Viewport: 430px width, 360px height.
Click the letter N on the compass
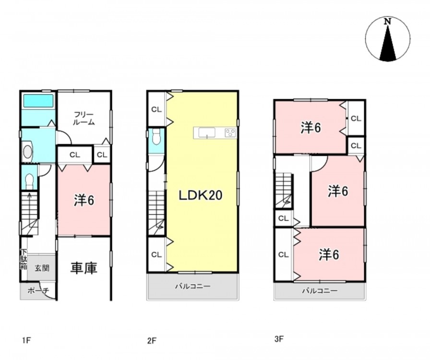(x=387, y=22)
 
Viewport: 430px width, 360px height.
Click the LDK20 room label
(x=201, y=195)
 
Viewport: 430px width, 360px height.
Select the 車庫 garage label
(x=84, y=268)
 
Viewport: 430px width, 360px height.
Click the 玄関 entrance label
(x=42, y=268)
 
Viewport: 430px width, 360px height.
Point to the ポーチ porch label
(x=38, y=290)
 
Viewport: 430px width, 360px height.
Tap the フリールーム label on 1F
(x=84, y=119)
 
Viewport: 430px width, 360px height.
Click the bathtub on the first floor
(x=38, y=101)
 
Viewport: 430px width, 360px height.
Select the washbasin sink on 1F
(x=27, y=152)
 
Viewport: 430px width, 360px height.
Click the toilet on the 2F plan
(x=156, y=137)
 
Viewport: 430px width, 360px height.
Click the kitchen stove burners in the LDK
(x=230, y=133)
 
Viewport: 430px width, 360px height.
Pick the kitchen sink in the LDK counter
(x=207, y=133)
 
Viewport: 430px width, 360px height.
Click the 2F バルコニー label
(x=193, y=287)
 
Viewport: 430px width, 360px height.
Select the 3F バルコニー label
(x=320, y=290)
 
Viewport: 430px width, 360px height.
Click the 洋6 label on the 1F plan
(x=84, y=200)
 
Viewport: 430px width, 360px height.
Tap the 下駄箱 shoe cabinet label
(x=24, y=259)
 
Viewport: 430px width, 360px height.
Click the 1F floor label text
(x=26, y=340)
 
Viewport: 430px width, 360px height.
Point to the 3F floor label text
(x=279, y=339)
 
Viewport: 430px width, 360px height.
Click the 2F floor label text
(x=152, y=341)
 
